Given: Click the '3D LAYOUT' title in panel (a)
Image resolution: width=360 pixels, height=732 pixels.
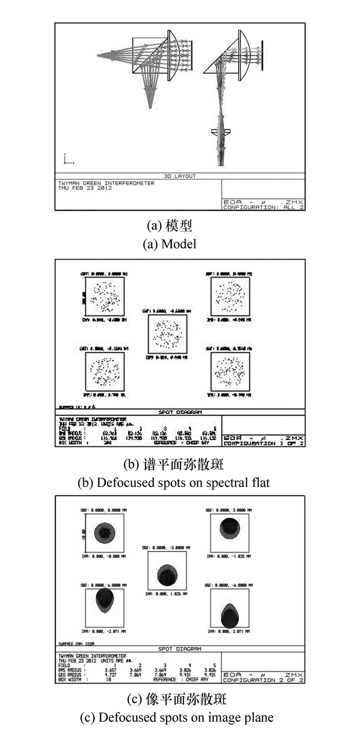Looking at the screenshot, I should coord(180,176).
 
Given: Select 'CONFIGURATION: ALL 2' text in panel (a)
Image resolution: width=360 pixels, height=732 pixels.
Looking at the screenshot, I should coord(263,207).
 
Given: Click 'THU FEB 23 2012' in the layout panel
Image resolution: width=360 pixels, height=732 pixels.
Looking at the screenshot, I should coord(85,188).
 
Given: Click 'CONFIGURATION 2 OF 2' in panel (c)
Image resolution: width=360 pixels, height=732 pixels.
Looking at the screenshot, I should coord(263,680).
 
